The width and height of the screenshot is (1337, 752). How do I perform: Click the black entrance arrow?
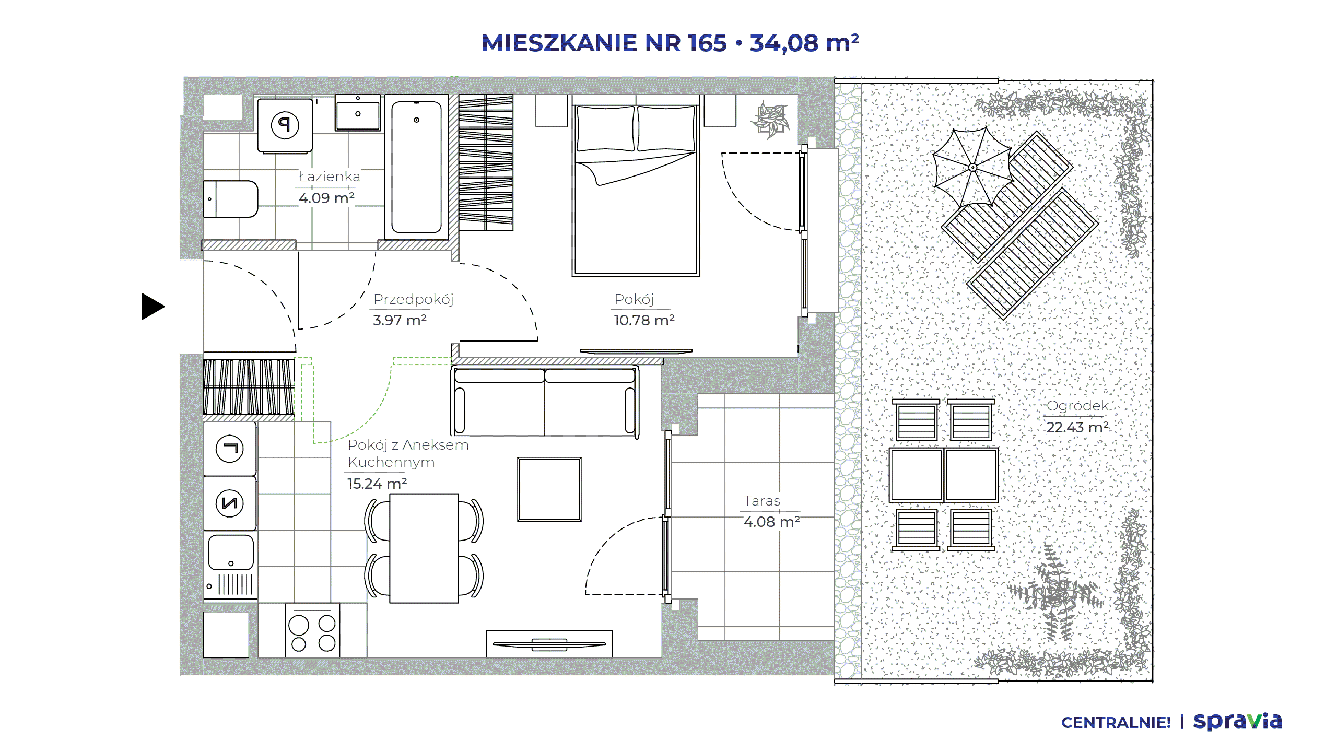tap(152, 307)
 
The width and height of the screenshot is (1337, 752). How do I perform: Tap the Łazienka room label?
tap(330, 177)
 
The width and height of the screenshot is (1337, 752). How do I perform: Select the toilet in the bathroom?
tap(230, 199)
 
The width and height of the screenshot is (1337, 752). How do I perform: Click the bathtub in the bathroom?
tap(416, 167)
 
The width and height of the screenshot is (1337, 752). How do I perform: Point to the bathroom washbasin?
tap(358, 113)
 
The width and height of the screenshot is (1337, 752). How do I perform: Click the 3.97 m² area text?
tap(400, 320)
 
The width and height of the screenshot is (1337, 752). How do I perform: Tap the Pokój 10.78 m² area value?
tap(644, 320)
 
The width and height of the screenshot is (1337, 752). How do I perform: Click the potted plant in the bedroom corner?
tap(770, 120)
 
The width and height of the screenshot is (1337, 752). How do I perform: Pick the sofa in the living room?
tap(545, 401)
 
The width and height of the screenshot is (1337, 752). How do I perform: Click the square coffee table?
tap(549, 489)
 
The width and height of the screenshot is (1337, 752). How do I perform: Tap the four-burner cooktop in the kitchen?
tap(312, 630)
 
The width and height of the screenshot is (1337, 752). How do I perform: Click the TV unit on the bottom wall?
tap(549, 643)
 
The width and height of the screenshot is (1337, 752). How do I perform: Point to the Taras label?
tap(762, 501)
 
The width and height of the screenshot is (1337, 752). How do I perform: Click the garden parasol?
tap(972, 167)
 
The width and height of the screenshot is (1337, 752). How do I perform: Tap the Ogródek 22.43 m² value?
tap(1077, 427)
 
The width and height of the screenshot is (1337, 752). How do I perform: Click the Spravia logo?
tap(1237, 721)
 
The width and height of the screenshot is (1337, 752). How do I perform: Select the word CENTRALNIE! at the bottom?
tap(1116, 723)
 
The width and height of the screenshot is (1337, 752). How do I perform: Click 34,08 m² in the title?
tap(804, 43)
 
